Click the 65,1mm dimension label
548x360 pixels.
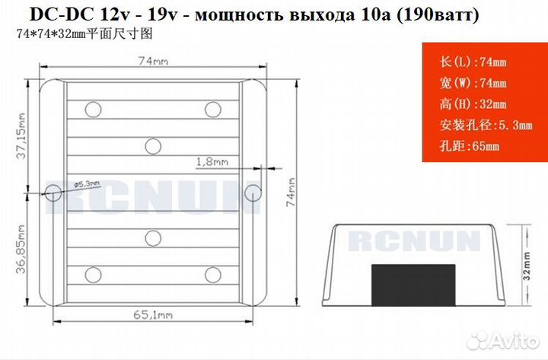coord(153,315)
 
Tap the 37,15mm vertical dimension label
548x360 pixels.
coord(21,135)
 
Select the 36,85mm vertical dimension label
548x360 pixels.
coord(21,249)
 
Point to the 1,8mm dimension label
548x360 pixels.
coord(212,162)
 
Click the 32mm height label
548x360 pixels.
coord(527,266)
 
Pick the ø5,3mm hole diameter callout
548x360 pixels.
coord(87,184)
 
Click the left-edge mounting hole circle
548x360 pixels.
coord(53,192)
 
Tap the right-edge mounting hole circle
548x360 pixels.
coord(253,193)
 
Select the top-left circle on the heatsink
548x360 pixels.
coord(94,110)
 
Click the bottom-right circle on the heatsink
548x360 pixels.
coord(213,275)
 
